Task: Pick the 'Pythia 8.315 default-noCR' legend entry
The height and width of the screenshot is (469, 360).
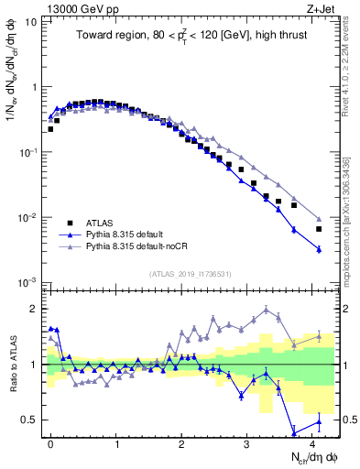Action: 141,246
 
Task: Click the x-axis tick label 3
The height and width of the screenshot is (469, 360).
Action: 247,443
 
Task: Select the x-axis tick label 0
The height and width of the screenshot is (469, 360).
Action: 49,443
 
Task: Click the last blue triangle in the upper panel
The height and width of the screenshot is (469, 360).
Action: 319,248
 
